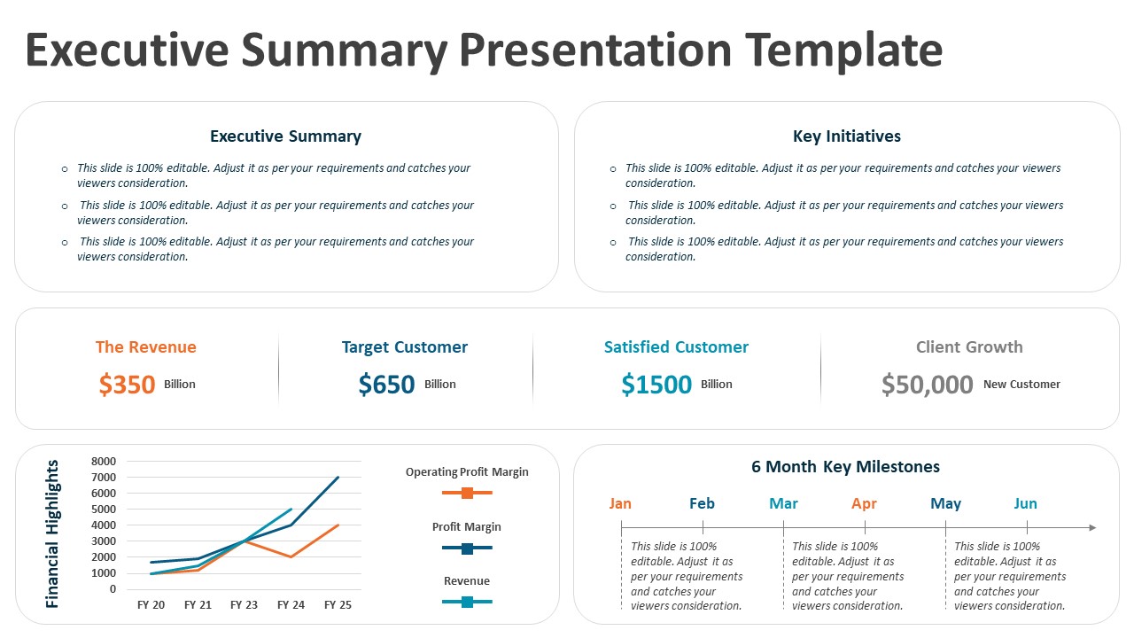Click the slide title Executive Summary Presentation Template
[484, 49]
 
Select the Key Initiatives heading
[846, 136]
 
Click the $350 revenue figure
[128, 385]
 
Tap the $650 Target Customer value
[386, 385]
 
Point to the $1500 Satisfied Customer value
[656, 385]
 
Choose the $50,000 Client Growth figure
[927, 385]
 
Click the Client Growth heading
[968, 347]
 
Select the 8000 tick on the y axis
[104, 462]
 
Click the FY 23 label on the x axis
[244, 605]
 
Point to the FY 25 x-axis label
[338, 605]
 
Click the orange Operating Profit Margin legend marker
[467, 493]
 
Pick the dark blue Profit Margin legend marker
[467, 549]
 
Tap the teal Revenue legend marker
[467, 603]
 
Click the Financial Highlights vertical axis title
[52, 533]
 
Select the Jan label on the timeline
[620, 503]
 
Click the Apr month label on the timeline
[864, 503]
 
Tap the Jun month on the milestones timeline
[1025, 503]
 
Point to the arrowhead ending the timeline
[1092, 528]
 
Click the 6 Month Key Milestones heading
[845, 467]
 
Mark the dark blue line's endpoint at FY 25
[338, 478]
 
